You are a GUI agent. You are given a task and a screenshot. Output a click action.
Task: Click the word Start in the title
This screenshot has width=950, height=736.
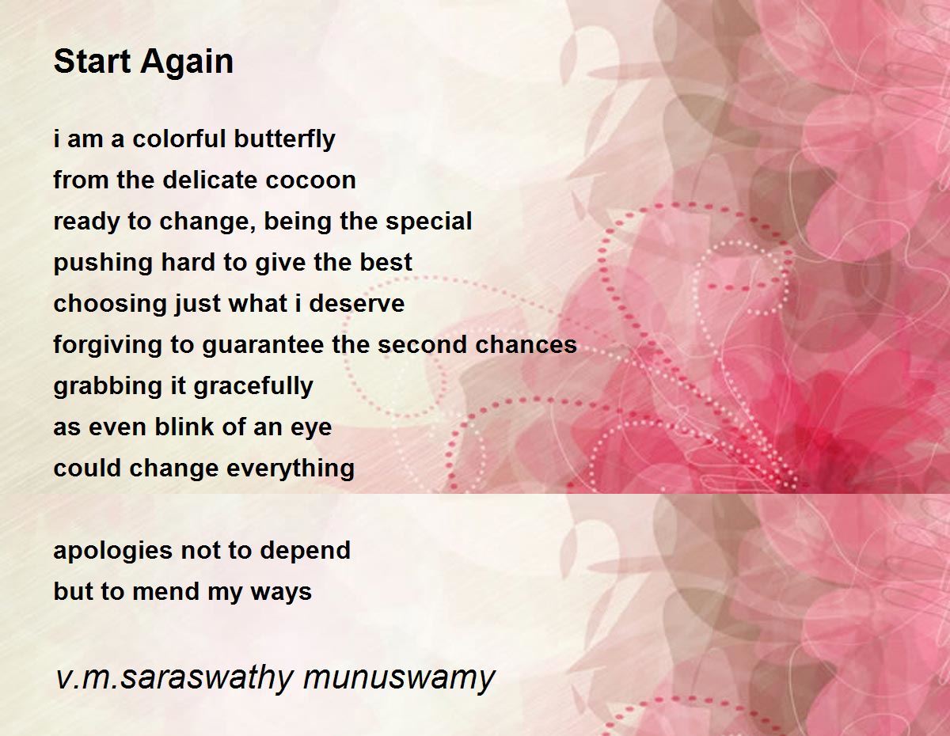pos(92,61)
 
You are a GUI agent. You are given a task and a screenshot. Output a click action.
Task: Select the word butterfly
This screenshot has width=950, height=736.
pos(285,140)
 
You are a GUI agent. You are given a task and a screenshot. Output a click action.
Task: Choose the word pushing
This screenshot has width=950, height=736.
pos(103,263)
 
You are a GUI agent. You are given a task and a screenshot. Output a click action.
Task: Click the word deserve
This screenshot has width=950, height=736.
pos(357,303)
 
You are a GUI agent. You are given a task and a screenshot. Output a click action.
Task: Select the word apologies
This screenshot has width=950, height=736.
pos(113,551)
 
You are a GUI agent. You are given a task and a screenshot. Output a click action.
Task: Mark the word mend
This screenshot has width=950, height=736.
pos(166,591)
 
